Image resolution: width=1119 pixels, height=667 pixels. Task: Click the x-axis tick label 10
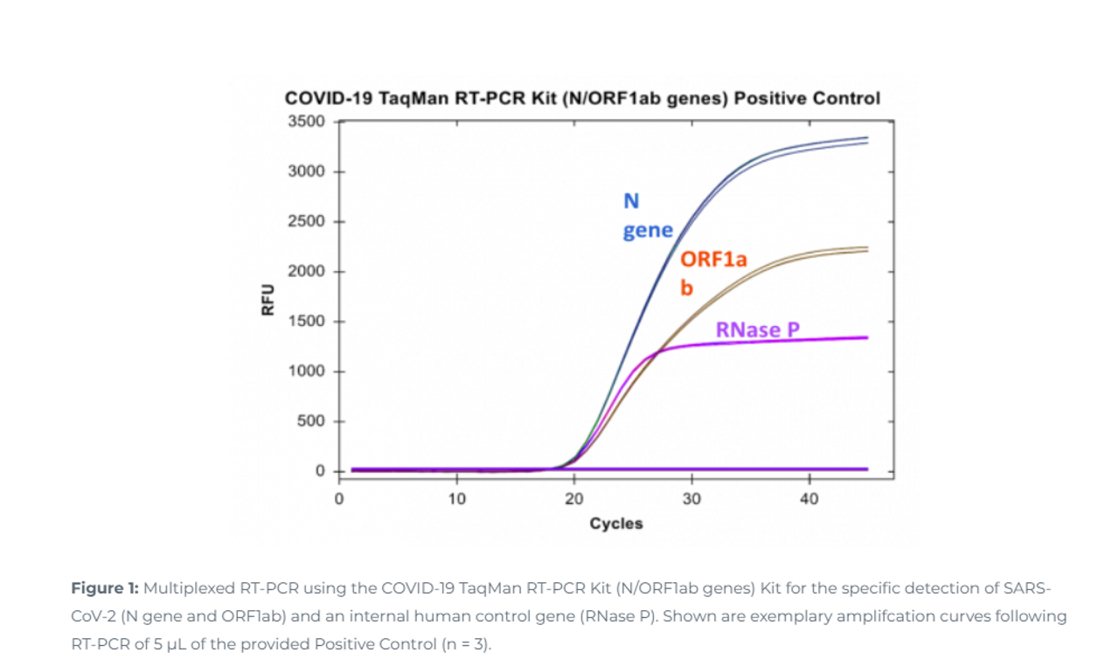pos(456,499)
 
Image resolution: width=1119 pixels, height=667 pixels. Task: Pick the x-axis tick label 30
pos(692,499)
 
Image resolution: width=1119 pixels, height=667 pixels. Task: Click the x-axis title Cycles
pos(615,524)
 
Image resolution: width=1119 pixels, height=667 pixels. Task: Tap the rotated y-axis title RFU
pos(268,300)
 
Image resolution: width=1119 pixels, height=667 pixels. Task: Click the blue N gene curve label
pos(647,216)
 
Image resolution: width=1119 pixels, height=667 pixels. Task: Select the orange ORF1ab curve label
pos(713,272)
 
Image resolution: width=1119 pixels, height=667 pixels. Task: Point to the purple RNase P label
pos(757,330)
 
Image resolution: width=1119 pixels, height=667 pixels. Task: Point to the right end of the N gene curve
pos(865,139)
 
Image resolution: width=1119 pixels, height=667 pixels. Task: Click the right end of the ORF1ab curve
pos(865,249)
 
